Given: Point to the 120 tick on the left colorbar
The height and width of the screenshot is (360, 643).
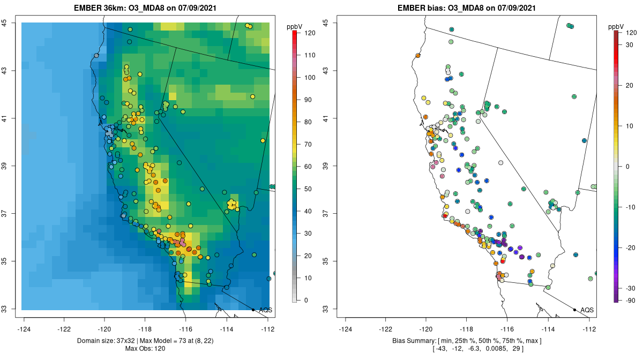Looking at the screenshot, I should pos(309,33).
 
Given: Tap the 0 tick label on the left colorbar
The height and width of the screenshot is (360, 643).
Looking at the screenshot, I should pos(306,300).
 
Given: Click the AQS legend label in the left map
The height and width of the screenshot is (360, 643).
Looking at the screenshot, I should pos(266,310).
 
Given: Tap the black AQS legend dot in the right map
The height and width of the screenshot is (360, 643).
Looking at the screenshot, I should pos(574,310).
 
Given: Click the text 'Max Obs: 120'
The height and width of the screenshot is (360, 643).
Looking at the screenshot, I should pos(145,349).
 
